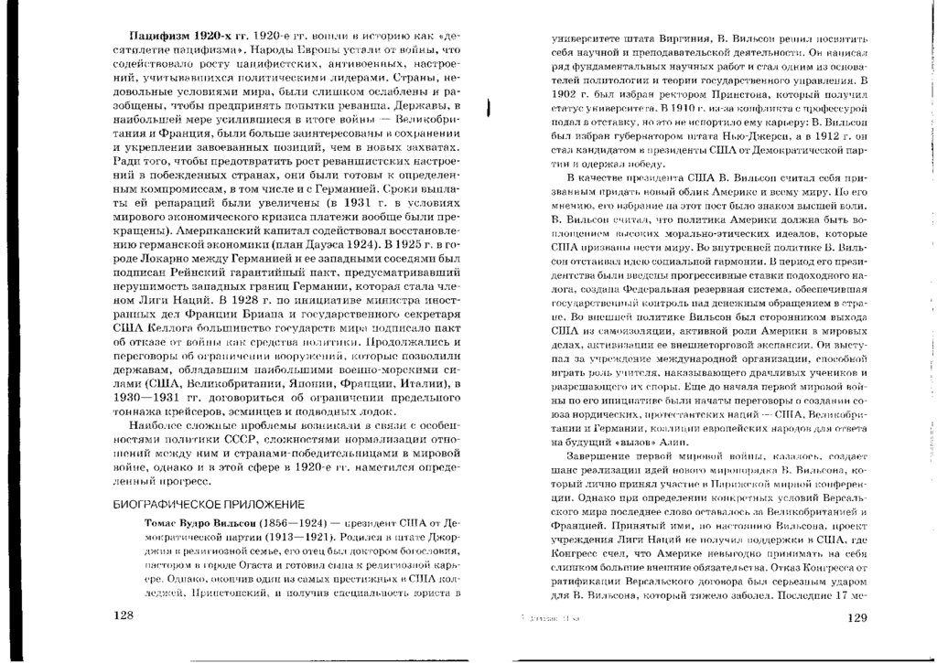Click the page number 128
point(123,616)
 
